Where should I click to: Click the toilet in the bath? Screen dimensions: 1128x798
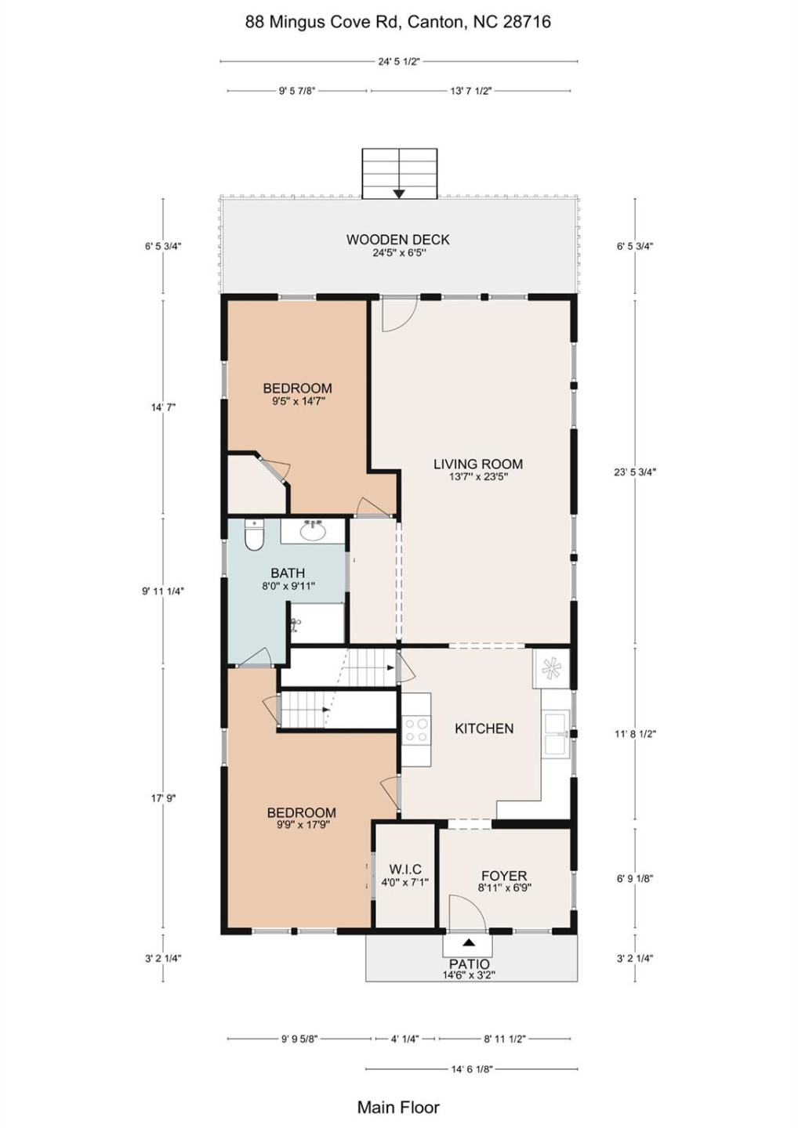pyautogui.click(x=254, y=536)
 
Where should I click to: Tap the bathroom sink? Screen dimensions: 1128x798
pyautogui.click(x=313, y=531)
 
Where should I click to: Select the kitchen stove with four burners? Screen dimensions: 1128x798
pyautogui.click(x=416, y=730)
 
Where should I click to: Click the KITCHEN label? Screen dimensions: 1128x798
pyautogui.click(x=484, y=728)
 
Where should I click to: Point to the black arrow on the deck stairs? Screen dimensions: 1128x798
pyautogui.click(x=399, y=193)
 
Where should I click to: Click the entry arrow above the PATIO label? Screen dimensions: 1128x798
pyautogui.click(x=470, y=944)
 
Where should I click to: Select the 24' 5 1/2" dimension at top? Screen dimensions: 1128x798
pyautogui.click(x=399, y=61)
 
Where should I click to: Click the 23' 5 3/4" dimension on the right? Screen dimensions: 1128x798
pyautogui.click(x=635, y=472)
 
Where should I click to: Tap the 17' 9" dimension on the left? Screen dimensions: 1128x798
pyautogui.click(x=163, y=798)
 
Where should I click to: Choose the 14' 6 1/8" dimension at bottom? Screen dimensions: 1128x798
pyautogui.click(x=471, y=1068)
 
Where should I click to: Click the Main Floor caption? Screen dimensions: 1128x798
pyautogui.click(x=398, y=1107)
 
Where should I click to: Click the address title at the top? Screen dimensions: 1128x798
pyautogui.click(x=398, y=22)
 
